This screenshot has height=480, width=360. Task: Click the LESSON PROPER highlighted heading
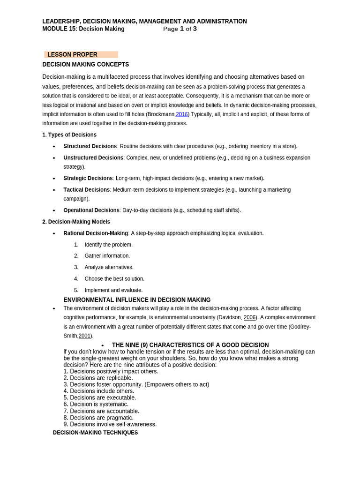[x=72, y=54]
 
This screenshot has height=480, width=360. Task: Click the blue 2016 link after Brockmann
[x=181, y=114]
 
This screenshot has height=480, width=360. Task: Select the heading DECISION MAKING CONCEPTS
[x=85, y=64]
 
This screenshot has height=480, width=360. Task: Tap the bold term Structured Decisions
[x=90, y=146]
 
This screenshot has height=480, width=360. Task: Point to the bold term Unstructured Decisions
[x=93, y=157]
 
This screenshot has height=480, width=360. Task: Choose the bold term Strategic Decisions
[x=88, y=178]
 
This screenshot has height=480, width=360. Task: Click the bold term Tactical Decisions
[x=87, y=190]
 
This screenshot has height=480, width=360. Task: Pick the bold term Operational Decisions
[x=91, y=210]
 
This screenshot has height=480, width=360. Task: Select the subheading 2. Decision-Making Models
[x=76, y=222]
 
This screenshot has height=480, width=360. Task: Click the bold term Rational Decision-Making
[x=96, y=233]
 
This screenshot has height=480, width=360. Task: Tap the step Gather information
[x=107, y=256]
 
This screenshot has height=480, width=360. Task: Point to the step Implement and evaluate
[x=113, y=290]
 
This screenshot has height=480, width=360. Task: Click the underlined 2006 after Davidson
[x=249, y=317]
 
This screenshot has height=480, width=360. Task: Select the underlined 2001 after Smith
[x=84, y=336]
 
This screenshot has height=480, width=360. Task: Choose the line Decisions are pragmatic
[x=102, y=418]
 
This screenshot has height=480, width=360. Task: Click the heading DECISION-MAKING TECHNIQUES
[x=95, y=433]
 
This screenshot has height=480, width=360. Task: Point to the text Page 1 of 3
[x=180, y=29]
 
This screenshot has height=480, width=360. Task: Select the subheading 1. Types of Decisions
[x=69, y=135]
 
